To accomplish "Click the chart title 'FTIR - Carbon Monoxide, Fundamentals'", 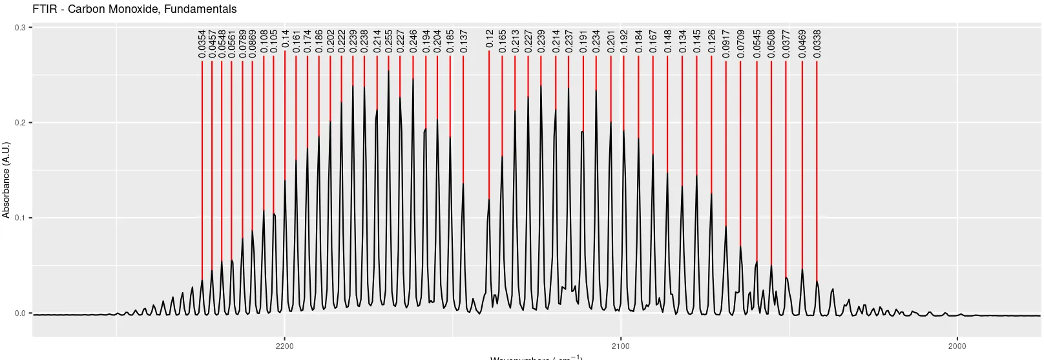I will pos(134,9).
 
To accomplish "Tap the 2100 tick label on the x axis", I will pos(621,346).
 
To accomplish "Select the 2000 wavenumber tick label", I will pos(957,346).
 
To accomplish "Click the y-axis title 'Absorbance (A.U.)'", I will pos(6,180).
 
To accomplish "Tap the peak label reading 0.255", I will pos(388,41).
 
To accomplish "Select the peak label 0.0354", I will pos(202,44).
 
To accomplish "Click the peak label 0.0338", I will pos(817,44).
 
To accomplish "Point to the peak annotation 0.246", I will pos(413,41).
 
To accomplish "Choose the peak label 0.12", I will pos(489,39).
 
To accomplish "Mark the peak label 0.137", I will pos(463,41).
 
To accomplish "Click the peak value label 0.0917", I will pos(726,44).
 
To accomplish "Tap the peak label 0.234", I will pos(596,41).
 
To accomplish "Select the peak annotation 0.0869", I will pos(253,44).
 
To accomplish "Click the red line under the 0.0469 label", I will pos(802,162).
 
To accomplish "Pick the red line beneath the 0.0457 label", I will pos(212,162).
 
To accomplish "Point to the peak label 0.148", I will pos(667,41).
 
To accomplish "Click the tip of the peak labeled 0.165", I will pos(502,156).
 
